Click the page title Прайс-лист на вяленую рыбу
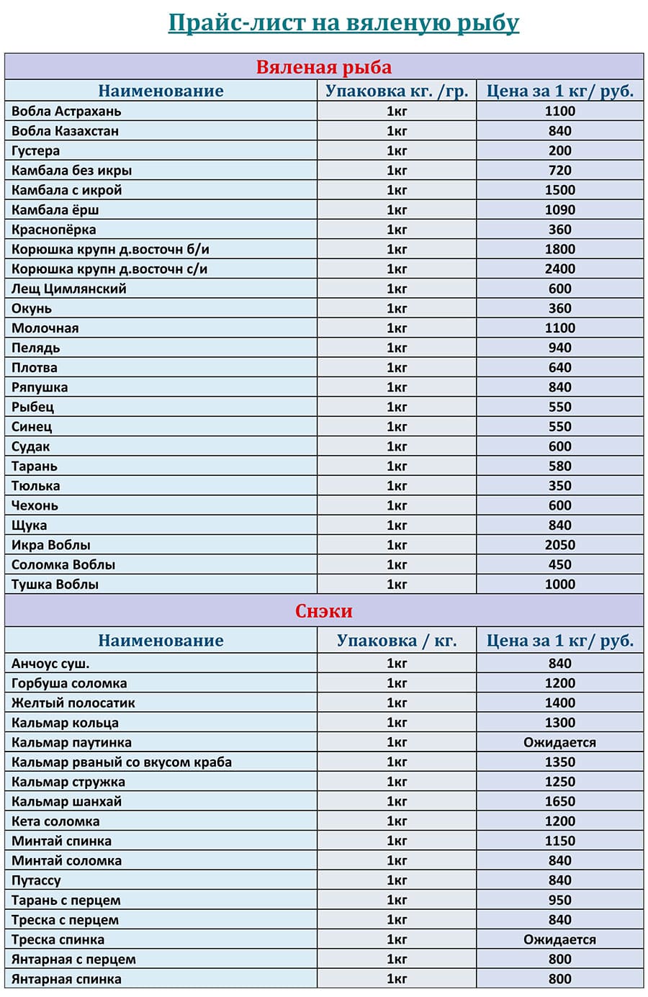(343, 23)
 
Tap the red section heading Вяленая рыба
(324, 67)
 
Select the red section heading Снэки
(324, 611)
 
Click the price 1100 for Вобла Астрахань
(559, 111)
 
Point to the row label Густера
(35, 150)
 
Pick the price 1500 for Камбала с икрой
(559, 190)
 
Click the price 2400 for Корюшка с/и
(559, 269)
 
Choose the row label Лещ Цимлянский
(68, 289)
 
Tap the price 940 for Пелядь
(559, 348)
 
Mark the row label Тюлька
(35, 486)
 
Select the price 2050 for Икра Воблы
(559, 545)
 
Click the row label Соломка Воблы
(63, 564)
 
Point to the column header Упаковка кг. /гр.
(397, 91)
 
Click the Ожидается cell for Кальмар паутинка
(559, 742)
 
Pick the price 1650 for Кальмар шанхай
(559, 801)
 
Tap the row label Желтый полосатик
(73, 703)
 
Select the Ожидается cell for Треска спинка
(559, 939)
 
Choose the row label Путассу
(36, 880)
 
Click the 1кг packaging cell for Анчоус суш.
(397, 664)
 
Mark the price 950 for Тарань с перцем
(559, 900)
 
